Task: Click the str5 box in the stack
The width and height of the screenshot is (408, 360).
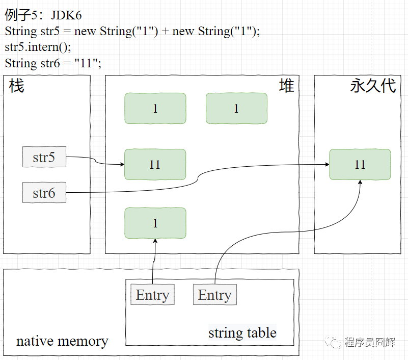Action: point(44,157)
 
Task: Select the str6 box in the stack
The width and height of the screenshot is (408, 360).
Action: point(44,193)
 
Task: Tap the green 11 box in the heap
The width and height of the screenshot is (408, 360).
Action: point(155,164)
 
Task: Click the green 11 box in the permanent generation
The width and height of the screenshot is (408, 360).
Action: point(360,164)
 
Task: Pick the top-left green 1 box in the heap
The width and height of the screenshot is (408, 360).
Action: point(155,108)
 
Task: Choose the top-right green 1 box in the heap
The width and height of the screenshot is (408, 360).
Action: point(236,108)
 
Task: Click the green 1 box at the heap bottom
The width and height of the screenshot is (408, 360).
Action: point(155,223)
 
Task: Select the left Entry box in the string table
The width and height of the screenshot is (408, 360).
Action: point(152,295)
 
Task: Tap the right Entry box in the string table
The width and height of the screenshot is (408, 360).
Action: point(214,295)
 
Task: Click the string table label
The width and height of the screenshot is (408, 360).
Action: point(242,333)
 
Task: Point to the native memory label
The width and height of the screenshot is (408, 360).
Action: point(62,341)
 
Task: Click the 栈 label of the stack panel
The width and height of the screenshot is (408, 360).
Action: point(16,86)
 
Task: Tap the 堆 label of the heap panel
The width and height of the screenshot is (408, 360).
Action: point(287,86)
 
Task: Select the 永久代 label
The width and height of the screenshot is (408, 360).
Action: point(373,86)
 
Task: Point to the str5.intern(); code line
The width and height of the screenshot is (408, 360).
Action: point(38,47)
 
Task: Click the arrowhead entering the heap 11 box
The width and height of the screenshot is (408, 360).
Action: point(122,165)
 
